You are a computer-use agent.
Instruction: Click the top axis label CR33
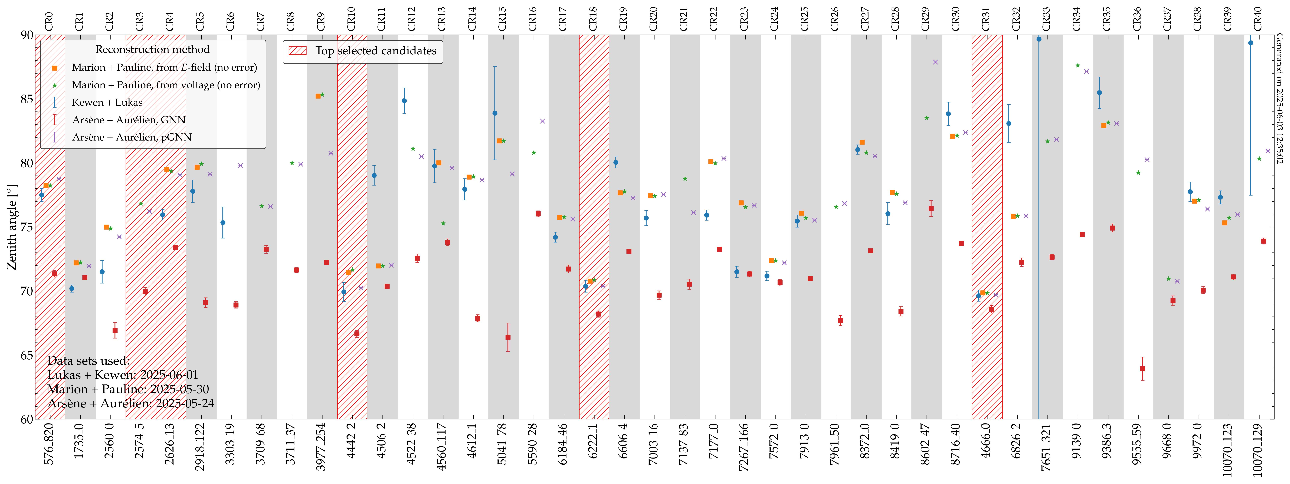[x=1046, y=19]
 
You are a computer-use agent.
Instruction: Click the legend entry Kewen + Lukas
[x=107, y=102]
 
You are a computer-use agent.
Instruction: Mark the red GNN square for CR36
[x=1142, y=369]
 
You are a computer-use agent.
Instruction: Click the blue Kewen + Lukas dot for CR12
[x=404, y=101]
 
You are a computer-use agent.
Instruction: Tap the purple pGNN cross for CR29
[x=935, y=62]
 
